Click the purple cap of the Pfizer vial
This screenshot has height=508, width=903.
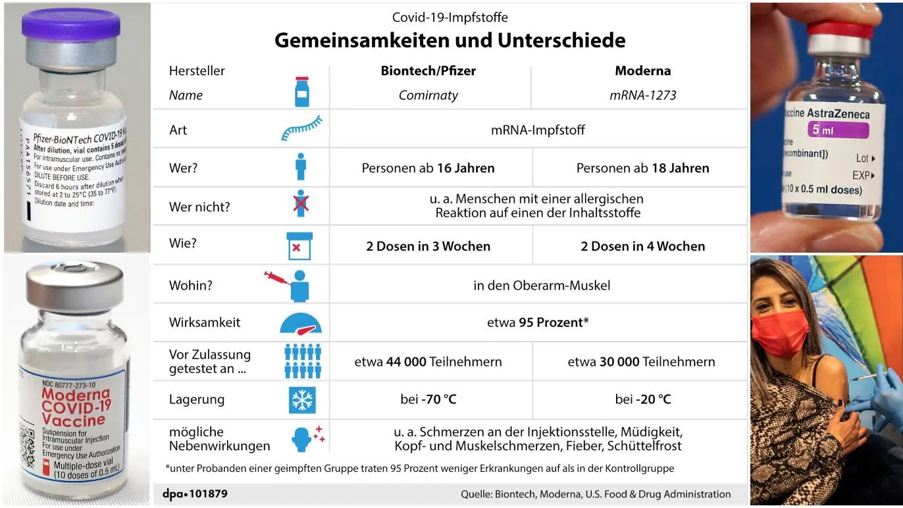coord(71,25)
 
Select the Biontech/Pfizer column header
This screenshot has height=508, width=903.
coord(428,70)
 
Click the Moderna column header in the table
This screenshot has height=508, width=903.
coord(642,70)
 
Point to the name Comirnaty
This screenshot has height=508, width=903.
coord(428,95)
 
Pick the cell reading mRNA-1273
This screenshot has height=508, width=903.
coord(642,95)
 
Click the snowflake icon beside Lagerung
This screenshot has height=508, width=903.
coord(302,399)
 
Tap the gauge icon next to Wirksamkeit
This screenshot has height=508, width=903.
coord(301,322)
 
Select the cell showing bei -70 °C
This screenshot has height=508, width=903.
coord(428,399)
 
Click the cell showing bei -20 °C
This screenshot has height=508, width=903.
coord(642,399)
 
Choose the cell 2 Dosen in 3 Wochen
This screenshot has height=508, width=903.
coord(428,246)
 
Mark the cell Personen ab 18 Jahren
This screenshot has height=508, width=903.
coord(642,168)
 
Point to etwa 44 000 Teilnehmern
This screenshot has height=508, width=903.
coord(428,361)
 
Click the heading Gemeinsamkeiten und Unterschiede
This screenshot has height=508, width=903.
coord(450,40)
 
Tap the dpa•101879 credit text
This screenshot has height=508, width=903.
coord(195,494)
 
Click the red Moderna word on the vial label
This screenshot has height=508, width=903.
coord(75,394)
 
